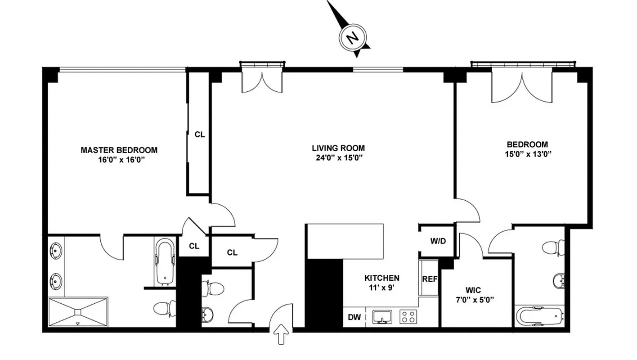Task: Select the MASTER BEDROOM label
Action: point(119,150)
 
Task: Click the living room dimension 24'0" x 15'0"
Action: point(338,157)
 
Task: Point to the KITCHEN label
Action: point(382,278)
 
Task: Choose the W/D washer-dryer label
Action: point(438,241)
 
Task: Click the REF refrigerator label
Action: point(430,279)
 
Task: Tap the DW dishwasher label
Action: point(354,317)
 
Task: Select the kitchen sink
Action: point(382,317)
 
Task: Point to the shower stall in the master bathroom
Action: point(78,312)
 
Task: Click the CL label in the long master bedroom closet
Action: point(200,134)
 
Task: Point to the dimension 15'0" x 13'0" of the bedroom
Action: point(527,154)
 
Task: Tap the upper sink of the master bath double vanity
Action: point(56,249)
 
